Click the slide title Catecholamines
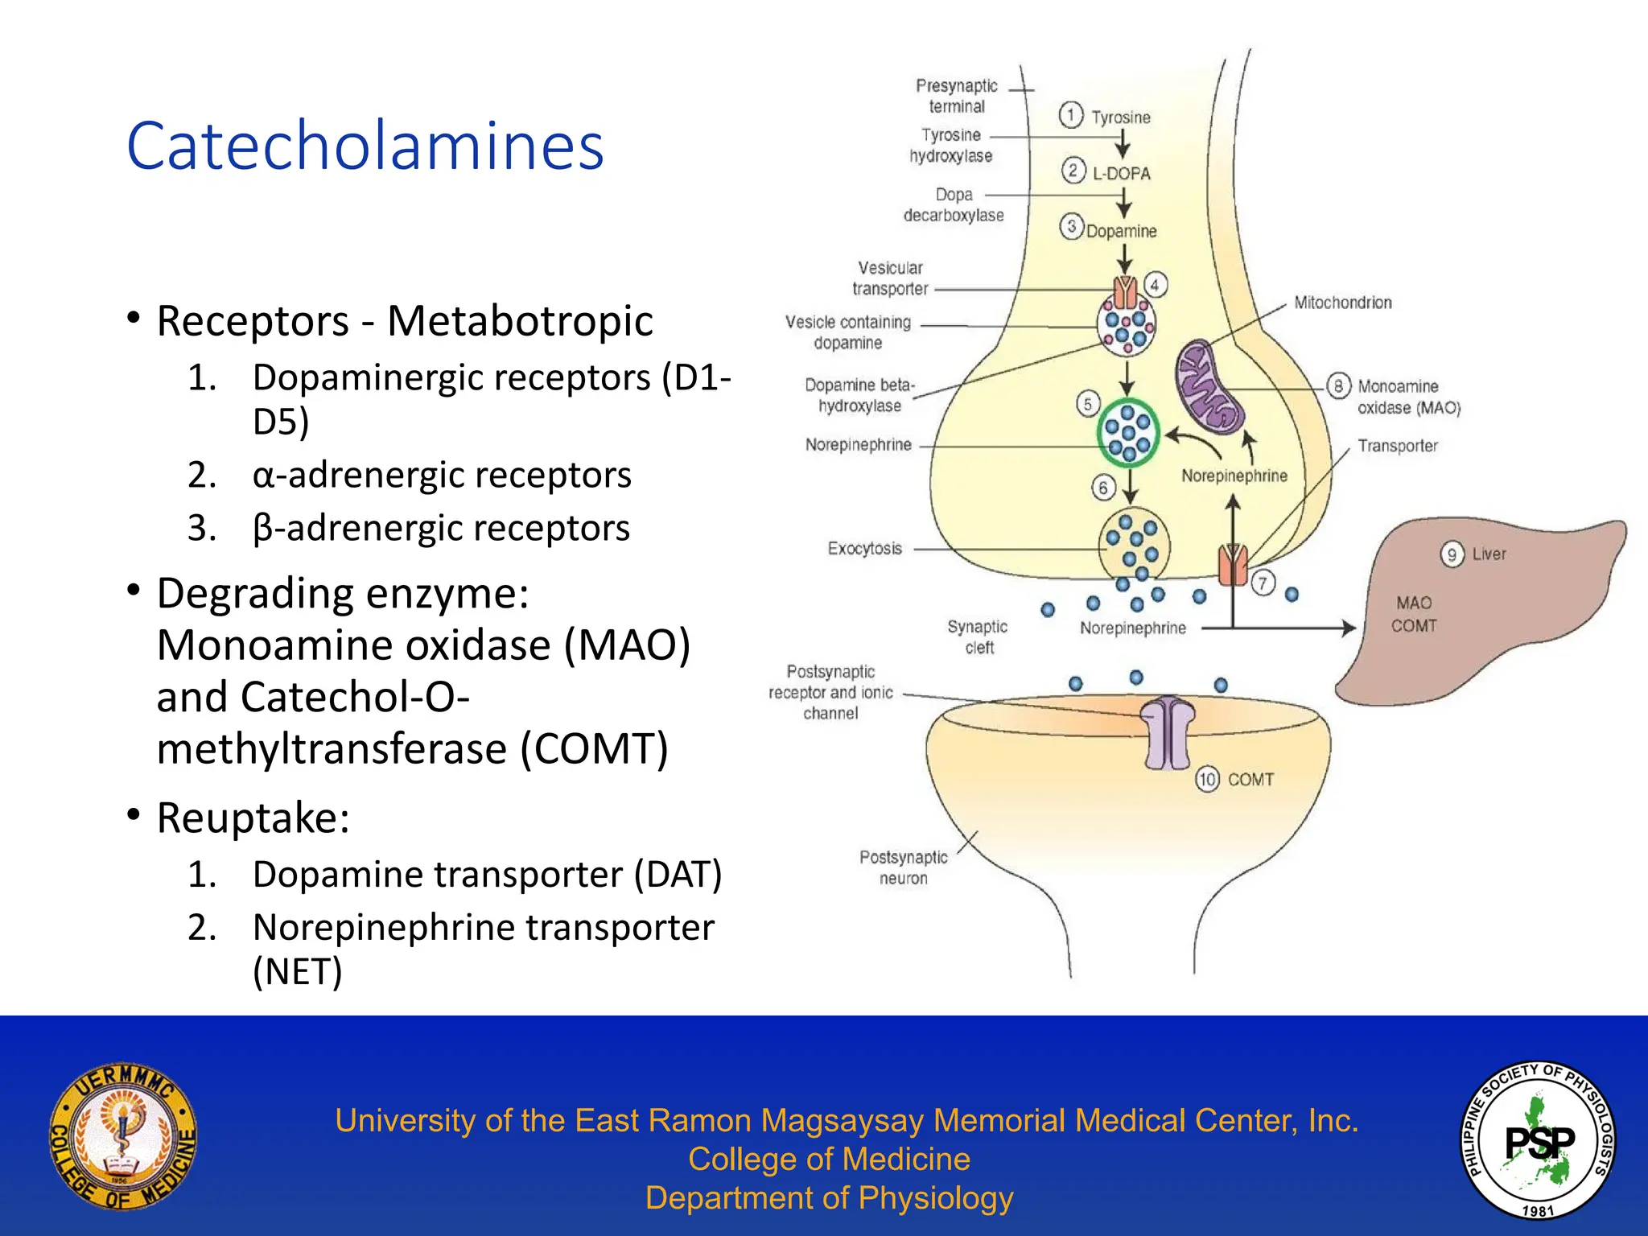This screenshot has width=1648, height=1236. (x=365, y=146)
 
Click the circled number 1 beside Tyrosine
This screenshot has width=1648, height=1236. (x=1070, y=115)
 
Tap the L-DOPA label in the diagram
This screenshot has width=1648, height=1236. (x=1121, y=173)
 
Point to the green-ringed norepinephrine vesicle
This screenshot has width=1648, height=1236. (x=1128, y=433)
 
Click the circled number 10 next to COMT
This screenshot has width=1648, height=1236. (x=1207, y=779)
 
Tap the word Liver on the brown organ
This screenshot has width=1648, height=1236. (x=1489, y=554)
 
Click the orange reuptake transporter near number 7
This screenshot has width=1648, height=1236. (x=1232, y=565)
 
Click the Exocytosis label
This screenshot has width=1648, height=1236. (x=864, y=549)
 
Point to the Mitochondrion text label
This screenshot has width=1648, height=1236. (x=1342, y=303)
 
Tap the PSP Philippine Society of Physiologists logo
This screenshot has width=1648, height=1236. (x=1538, y=1139)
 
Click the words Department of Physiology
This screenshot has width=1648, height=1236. (x=829, y=1198)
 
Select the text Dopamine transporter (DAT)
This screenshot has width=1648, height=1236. (x=487, y=874)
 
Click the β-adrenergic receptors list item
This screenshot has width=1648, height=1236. (x=440, y=528)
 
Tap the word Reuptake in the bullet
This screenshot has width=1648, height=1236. (x=252, y=818)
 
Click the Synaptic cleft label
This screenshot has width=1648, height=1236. (x=978, y=637)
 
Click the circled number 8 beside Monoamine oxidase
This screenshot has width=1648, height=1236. (x=1338, y=386)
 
